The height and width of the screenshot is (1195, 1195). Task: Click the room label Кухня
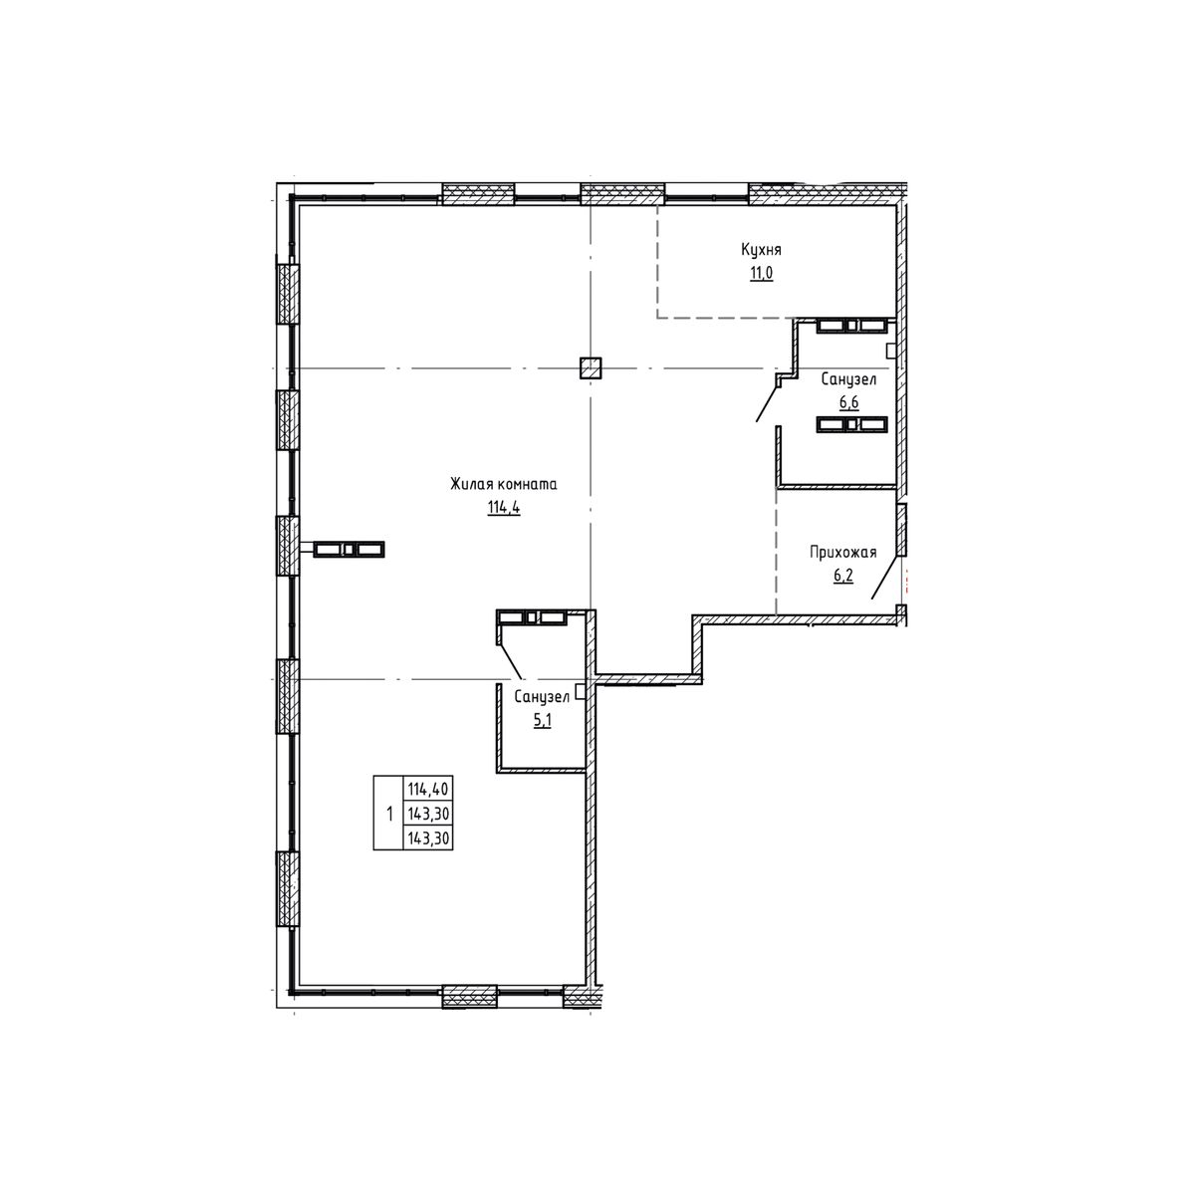pyautogui.click(x=761, y=250)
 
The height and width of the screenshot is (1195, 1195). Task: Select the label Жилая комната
pyautogui.click(x=503, y=485)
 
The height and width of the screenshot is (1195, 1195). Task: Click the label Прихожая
pyautogui.click(x=842, y=554)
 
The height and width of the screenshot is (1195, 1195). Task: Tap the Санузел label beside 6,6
pyautogui.click(x=848, y=379)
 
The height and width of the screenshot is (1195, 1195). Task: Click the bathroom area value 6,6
pyautogui.click(x=848, y=402)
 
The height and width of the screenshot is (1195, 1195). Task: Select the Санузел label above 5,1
pyautogui.click(x=542, y=697)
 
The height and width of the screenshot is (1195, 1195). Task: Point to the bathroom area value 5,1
pyautogui.click(x=543, y=721)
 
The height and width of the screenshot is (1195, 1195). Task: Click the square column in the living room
pyautogui.click(x=591, y=367)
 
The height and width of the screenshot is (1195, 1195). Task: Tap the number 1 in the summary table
pyautogui.click(x=388, y=814)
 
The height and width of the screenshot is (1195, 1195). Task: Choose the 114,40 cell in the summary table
pyautogui.click(x=427, y=789)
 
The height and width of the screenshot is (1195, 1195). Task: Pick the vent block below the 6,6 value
pyautogui.click(x=851, y=424)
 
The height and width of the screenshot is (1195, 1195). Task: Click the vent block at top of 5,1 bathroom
pyautogui.click(x=531, y=617)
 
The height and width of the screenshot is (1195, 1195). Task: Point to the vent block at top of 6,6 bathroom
pyautogui.click(x=851, y=325)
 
